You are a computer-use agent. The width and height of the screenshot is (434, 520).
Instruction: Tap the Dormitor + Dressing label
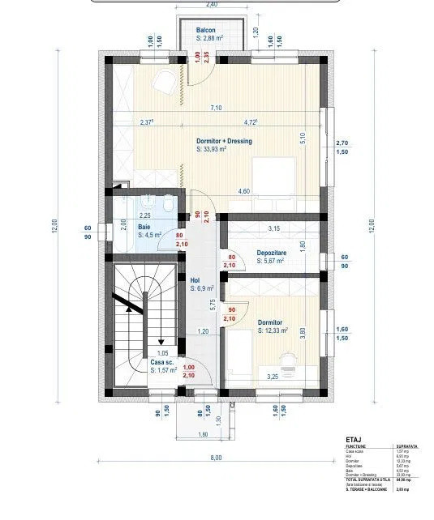pos(224,141)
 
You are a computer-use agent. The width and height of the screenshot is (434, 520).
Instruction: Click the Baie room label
pos(144,228)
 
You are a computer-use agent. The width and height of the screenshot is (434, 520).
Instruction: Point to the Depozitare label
pos(270,253)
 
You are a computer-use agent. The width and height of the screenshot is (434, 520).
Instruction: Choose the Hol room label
pos(195,279)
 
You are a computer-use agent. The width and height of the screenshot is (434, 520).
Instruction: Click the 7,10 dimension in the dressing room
pos(216,108)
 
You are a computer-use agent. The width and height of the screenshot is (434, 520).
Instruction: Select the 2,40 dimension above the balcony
pos(212,4)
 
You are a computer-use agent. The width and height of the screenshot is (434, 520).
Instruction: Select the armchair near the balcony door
pos(164,79)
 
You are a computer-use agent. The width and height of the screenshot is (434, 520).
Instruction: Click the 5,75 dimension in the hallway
pos(213,305)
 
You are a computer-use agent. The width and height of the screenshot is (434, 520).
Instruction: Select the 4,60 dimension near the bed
pos(243,191)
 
